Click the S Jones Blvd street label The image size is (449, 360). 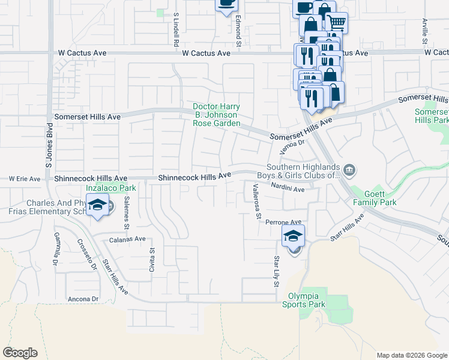[49, 146]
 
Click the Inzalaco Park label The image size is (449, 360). [110, 188]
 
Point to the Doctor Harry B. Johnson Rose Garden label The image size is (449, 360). [216, 115]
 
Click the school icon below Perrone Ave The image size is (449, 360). [293, 236]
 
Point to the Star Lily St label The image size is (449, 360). [277, 271]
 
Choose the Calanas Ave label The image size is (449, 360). [127, 239]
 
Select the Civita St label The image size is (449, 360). [152, 263]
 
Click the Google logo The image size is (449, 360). [20, 353]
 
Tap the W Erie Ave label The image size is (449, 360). [25, 179]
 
